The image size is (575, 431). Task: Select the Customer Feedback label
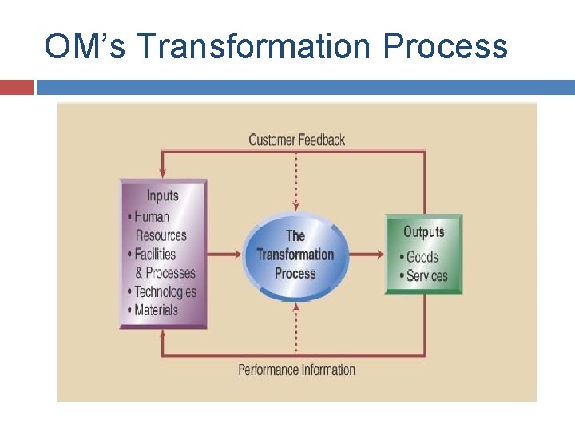coord(296,140)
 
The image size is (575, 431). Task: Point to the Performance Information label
coord(296,370)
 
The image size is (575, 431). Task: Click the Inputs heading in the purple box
coord(162,196)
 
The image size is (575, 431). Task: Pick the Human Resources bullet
coord(159,226)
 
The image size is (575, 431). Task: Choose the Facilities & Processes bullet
coord(164,263)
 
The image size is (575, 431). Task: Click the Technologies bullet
coord(164,292)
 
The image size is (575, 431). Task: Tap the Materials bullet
coord(155,310)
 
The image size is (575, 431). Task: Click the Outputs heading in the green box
coord(423,232)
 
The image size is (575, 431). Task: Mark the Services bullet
coord(426,275)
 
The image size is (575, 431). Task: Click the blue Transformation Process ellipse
coord(295,255)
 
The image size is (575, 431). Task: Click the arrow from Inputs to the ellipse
coord(224,255)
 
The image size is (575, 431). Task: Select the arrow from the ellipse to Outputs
coord(367,255)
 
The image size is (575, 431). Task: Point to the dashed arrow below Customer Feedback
coord(296,180)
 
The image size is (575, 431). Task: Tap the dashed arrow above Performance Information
coord(296,331)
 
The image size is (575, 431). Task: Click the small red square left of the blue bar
coord(16,86)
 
